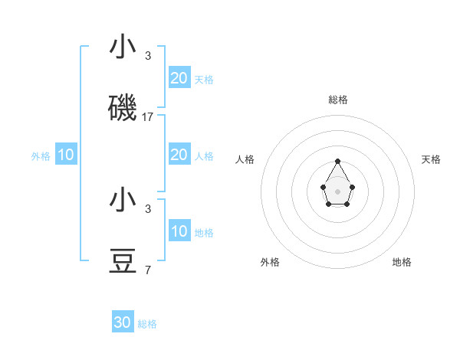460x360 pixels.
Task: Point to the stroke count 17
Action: [x=148, y=117]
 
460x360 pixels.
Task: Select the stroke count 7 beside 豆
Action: [x=148, y=270]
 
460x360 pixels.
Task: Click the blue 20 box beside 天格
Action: [x=179, y=78]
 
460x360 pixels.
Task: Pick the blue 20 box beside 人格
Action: [x=179, y=155]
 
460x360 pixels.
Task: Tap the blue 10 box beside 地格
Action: [x=179, y=231]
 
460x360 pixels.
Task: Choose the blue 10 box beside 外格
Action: [x=66, y=155]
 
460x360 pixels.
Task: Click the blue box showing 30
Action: [x=123, y=322]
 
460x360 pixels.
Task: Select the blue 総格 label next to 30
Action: [x=147, y=324]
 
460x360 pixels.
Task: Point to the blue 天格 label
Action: [x=204, y=80]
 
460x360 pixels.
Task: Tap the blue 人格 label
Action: [x=204, y=156]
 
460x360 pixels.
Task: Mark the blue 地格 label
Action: [x=204, y=233]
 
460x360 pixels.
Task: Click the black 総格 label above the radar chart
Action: [x=338, y=100]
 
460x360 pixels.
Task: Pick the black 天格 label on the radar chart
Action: [x=431, y=159]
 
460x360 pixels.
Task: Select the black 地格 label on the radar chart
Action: [x=402, y=262]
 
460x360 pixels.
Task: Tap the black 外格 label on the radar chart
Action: [x=270, y=262]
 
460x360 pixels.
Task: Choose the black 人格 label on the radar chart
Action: [x=245, y=159]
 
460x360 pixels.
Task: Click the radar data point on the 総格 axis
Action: [x=337, y=161]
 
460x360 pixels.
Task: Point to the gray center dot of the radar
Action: [x=337, y=191]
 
